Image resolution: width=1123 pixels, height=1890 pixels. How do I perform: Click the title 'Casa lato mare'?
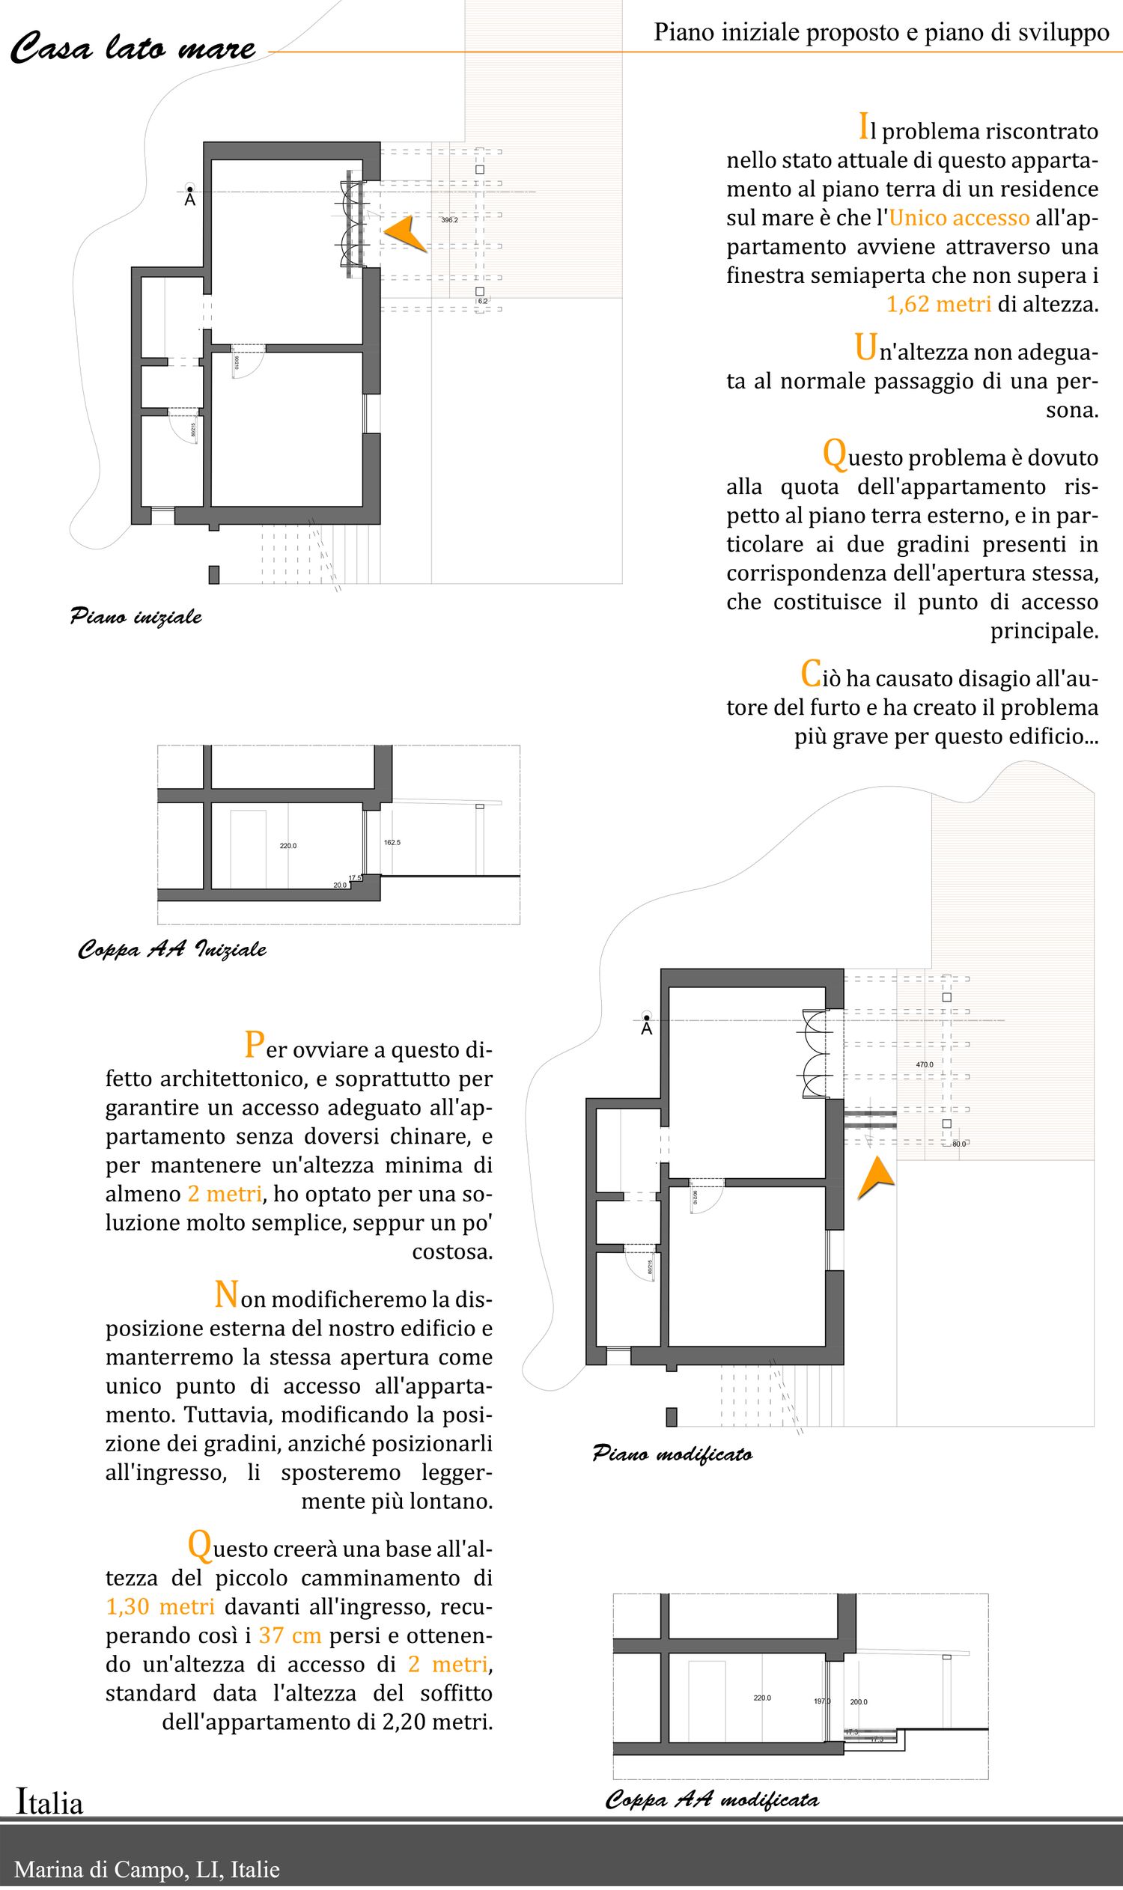[133, 49]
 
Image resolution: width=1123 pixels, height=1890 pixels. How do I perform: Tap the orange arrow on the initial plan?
[406, 234]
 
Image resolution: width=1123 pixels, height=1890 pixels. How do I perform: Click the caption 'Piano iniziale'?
[136, 617]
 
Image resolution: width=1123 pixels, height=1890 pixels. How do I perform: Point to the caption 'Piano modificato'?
[672, 1454]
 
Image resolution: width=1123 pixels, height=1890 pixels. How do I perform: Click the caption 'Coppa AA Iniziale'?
[171, 949]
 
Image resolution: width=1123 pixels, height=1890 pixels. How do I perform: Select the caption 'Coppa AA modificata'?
[711, 1799]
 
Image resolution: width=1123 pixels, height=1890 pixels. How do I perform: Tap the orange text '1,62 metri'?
[938, 304]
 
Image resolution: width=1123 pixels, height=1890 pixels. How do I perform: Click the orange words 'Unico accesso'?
[959, 218]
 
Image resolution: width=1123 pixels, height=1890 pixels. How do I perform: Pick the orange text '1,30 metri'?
[160, 1606]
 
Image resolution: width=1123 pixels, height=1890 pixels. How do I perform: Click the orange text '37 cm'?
[290, 1635]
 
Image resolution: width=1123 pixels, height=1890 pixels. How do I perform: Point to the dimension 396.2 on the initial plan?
[449, 220]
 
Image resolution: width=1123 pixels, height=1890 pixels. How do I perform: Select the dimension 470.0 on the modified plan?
[925, 1064]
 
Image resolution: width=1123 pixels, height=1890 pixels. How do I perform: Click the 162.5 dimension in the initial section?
[392, 842]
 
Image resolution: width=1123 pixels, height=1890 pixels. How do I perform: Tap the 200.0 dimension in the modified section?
[859, 1702]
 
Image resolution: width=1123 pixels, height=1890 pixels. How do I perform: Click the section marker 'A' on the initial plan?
[190, 200]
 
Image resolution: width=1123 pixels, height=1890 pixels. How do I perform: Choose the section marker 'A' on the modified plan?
[646, 1029]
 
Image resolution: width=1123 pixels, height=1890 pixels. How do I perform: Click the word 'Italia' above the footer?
[50, 1803]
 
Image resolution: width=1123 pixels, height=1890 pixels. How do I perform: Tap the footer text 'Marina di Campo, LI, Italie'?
[147, 1870]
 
